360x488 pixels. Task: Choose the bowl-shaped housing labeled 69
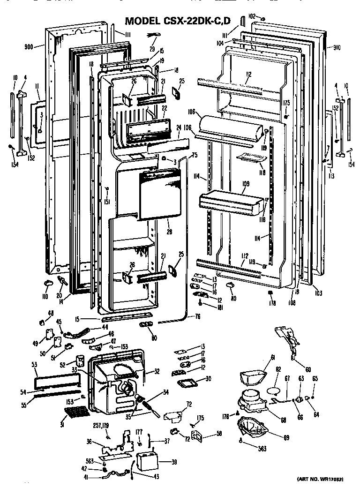coord(253,427)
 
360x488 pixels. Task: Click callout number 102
coord(252,16)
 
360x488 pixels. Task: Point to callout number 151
coord(107,203)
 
